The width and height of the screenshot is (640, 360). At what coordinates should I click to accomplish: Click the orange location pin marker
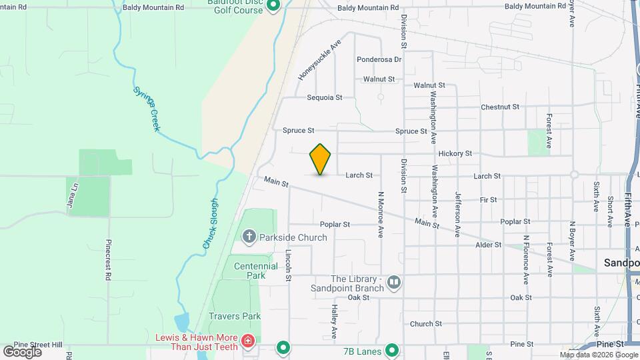point(321,159)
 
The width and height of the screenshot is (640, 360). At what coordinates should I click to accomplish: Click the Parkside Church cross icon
point(249,237)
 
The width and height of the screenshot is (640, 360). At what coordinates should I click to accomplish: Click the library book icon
point(394,283)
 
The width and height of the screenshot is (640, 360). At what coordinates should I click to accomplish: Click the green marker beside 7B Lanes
point(392,348)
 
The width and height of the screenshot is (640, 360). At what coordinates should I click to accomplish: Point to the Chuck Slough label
point(210,225)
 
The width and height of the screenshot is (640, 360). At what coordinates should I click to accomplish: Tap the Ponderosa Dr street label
point(379,59)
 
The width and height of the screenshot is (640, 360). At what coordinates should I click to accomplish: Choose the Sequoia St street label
point(324,97)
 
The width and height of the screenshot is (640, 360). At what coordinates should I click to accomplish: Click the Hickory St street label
point(455,153)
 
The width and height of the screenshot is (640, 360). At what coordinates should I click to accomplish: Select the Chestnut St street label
point(499,107)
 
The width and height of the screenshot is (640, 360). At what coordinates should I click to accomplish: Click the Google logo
point(22,351)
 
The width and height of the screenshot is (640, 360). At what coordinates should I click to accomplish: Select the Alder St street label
point(489,245)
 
